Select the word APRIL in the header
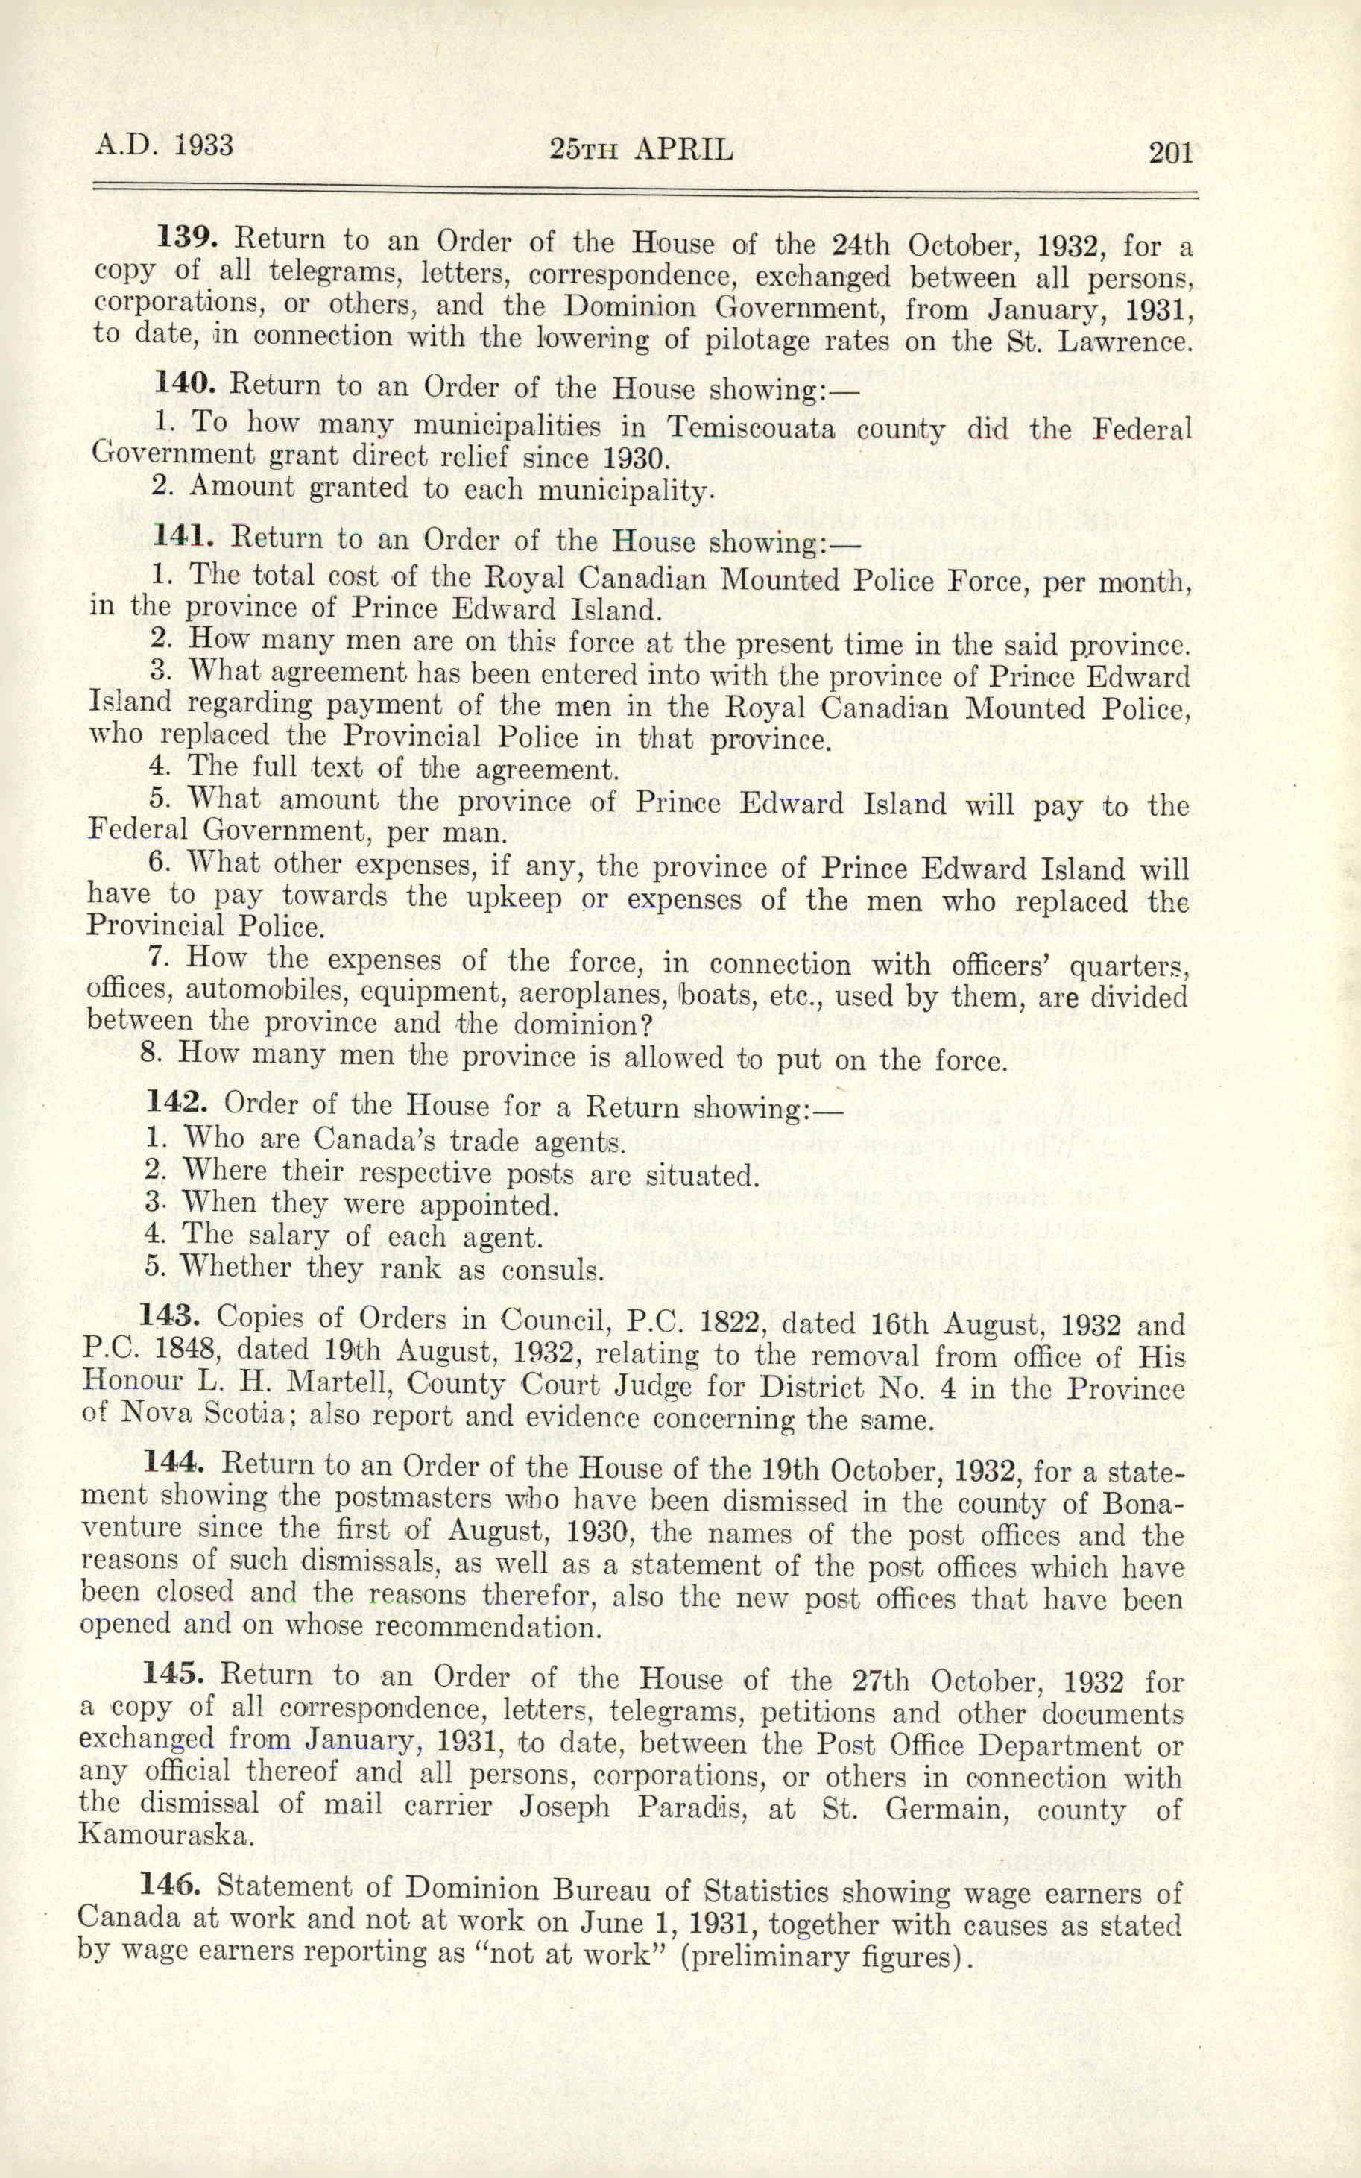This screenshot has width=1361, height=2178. tap(684, 149)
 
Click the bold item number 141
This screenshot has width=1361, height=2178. tap(183, 537)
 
